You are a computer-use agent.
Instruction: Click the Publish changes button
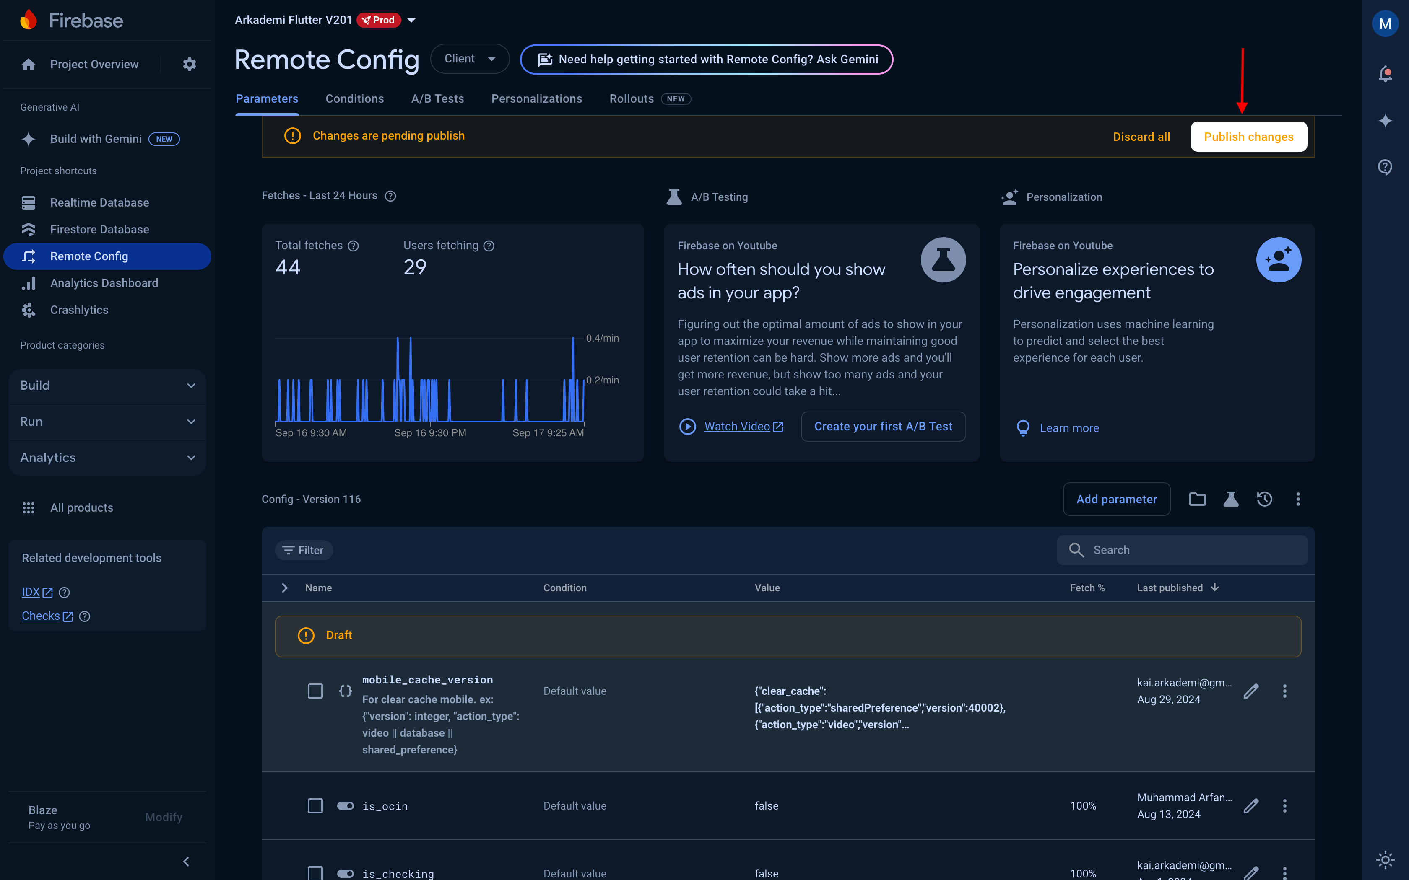tap(1248, 137)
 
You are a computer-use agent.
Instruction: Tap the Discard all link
tap(1141, 137)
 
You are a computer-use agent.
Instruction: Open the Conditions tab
tap(355, 99)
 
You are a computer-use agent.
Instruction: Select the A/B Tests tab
tap(437, 99)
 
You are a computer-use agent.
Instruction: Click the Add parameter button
tap(1116, 500)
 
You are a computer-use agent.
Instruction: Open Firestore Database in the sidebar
tap(99, 229)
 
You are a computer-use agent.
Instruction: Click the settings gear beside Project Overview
tap(189, 64)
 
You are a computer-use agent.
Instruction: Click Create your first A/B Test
tap(883, 427)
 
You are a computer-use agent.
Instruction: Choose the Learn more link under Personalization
tap(1069, 428)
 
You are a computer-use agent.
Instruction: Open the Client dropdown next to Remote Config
tap(469, 59)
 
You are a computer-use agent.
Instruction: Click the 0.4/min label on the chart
tap(602, 338)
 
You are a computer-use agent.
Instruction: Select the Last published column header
tap(1170, 588)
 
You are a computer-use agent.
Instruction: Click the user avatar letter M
tap(1385, 24)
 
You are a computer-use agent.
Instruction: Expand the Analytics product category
tap(107, 458)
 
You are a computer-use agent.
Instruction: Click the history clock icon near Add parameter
tap(1264, 500)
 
